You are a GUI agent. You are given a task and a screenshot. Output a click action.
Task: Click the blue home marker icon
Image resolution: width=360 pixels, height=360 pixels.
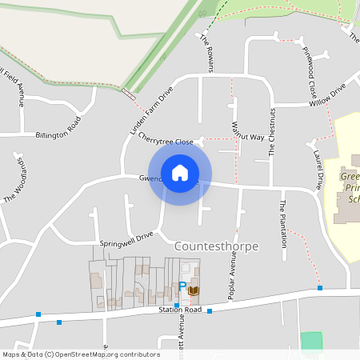point(180,172)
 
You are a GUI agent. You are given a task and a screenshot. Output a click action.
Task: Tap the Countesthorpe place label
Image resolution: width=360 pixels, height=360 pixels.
point(216,246)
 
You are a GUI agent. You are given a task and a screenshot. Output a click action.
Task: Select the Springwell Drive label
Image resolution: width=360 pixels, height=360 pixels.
point(126,238)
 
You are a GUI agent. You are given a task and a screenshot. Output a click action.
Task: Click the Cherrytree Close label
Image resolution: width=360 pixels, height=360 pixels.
point(166,138)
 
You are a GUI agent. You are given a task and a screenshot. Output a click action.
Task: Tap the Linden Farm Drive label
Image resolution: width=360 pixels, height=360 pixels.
point(151,110)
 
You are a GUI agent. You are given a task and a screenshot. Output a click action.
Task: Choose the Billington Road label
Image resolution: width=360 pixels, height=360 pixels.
point(58,130)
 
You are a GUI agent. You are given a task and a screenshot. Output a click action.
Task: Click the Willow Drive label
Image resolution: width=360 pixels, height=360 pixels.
point(328,95)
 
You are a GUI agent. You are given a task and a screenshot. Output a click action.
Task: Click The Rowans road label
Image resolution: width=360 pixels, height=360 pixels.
point(207,53)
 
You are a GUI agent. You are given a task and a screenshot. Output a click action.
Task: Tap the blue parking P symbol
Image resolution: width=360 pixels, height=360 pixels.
point(182,286)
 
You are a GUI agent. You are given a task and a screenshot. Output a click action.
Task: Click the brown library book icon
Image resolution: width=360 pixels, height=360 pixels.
point(194,290)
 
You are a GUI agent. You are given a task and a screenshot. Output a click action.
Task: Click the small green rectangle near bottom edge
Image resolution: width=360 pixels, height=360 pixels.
point(311,340)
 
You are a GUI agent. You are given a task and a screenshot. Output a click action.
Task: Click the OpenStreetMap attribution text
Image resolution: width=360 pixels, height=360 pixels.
point(80,354)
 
